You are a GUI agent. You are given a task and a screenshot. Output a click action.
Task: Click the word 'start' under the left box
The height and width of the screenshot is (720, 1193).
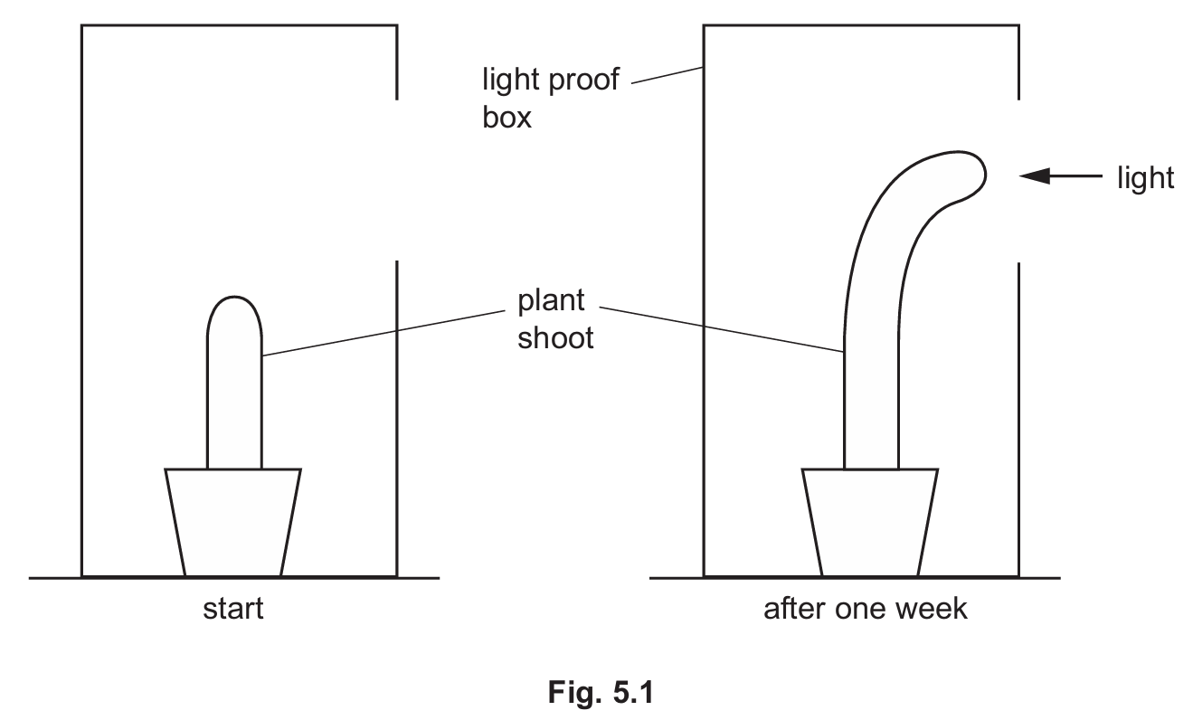click(x=233, y=608)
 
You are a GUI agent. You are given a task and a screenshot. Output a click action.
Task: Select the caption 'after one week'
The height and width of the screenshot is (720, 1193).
click(x=865, y=608)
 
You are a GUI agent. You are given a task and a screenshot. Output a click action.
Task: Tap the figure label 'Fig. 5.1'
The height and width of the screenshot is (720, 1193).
click(x=600, y=694)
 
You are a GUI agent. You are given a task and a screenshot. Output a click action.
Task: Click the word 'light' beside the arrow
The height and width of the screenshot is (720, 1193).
click(x=1146, y=177)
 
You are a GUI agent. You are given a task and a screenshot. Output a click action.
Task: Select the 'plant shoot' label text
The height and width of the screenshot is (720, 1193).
click(x=553, y=317)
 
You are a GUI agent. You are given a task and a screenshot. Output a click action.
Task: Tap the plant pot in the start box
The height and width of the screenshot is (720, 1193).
click(x=233, y=522)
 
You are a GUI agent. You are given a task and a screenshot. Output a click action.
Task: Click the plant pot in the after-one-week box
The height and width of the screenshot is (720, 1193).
click(x=870, y=522)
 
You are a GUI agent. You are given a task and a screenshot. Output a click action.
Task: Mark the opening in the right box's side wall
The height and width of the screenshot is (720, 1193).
click(x=1019, y=180)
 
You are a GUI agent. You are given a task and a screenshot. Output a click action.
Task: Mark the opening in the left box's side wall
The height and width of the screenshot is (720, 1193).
click(x=396, y=180)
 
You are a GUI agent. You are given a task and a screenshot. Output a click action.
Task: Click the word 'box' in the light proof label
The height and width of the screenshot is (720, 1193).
click(x=507, y=118)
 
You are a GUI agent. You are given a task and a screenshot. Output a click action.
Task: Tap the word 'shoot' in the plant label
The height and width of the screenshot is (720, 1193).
click(x=555, y=337)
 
